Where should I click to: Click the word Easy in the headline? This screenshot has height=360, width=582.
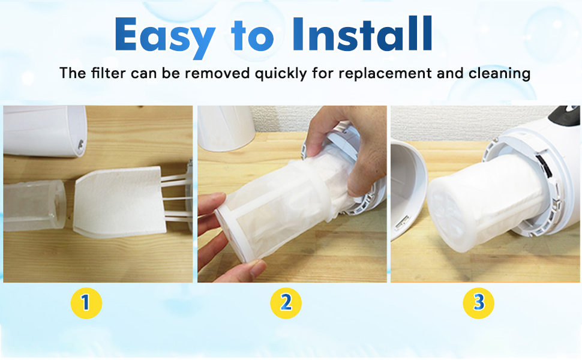point(164,35)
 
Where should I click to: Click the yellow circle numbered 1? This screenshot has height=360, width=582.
point(86,303)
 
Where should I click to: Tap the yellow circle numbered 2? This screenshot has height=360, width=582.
point(286,303)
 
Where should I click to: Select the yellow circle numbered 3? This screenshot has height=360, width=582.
point(478,303)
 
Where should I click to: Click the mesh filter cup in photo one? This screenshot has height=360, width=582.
point(34,204)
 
